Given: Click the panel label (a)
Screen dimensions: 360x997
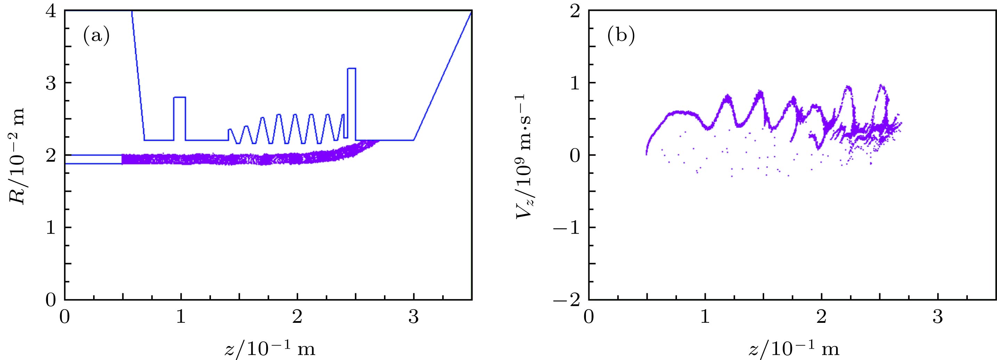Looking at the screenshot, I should coord(96,37).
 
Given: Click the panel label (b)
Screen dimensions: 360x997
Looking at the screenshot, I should coord(620,37).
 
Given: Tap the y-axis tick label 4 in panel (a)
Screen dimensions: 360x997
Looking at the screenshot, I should coord(51,11).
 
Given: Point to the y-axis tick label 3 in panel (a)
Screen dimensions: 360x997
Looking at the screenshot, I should coord(51,83).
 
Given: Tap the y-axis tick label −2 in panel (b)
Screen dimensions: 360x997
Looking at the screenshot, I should coord(567,300).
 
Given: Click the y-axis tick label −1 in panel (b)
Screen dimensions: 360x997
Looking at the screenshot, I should coord(567,228).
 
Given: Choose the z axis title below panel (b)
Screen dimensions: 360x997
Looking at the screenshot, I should coord(794,349).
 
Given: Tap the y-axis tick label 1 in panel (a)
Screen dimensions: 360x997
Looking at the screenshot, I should coord(51,228).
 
